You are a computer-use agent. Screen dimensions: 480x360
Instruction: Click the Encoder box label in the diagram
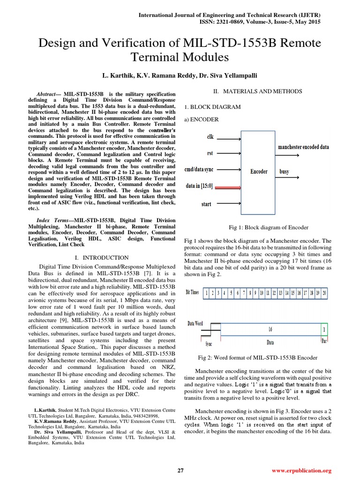258,172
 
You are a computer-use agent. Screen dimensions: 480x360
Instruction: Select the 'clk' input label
210,137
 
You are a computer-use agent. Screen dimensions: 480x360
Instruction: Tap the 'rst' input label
210,153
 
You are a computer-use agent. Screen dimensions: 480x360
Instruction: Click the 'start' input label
206,204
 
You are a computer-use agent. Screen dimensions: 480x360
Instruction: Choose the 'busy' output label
284,172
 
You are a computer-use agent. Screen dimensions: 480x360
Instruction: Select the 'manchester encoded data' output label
303,147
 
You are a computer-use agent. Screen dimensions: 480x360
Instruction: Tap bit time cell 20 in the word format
324,293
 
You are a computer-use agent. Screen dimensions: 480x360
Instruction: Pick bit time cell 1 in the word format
207,293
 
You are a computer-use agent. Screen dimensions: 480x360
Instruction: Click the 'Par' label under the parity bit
324,342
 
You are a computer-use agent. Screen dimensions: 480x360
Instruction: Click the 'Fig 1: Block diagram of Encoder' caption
268,227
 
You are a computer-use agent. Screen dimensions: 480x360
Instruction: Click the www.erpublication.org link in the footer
301,471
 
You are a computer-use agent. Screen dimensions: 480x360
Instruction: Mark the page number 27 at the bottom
180,471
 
